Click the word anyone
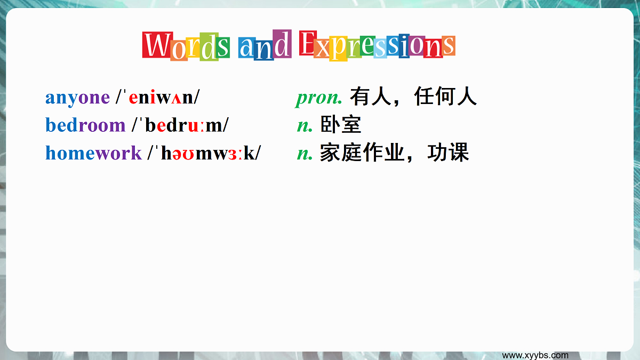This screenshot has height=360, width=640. point(77,98)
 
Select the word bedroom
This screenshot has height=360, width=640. point(85,125)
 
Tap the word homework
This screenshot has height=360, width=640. point(93,153)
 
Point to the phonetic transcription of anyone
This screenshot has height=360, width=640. point(158,98)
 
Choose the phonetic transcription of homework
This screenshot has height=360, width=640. point(204,153)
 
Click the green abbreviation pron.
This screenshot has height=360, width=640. point(318,98)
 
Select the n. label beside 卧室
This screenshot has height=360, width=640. point(305,125)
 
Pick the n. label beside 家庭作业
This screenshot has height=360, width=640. point(305,154)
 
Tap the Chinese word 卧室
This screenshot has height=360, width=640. point(341,125)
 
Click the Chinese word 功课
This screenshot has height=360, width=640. point(448,153)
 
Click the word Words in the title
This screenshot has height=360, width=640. point(186,46)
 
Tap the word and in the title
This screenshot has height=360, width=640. point(265,46)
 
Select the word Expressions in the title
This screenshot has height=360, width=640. point(377,46)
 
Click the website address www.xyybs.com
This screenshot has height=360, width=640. point(535,355)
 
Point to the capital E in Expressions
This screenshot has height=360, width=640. point(307,44)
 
